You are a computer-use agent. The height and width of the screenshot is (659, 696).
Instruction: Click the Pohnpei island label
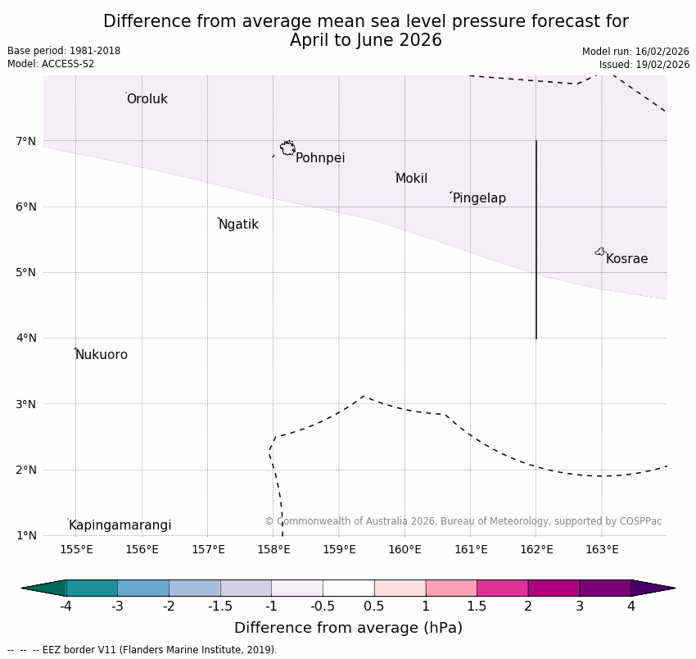click(320, 158)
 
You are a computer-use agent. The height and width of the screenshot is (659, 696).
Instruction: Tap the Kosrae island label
click(626, 259)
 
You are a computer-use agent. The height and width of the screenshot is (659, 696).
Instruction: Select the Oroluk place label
click(147, 99)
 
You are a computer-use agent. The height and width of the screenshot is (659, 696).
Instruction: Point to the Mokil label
click(411, 179)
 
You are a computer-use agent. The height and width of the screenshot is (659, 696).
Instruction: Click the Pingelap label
click(479, 198)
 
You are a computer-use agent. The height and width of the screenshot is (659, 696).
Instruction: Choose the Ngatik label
click(238, 225)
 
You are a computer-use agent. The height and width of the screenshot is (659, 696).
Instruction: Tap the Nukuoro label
click(102, 355)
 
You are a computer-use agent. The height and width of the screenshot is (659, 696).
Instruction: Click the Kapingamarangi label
click(120, 525)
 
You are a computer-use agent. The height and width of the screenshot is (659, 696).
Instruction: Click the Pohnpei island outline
click(287, 148)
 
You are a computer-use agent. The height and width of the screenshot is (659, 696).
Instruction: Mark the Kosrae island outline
click(600, 252)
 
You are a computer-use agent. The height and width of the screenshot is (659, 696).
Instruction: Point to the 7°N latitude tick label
click(26, 141)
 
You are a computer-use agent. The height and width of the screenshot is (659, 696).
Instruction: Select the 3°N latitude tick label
click(26, 404)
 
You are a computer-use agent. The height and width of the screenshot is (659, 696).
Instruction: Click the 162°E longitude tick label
click(536, 549)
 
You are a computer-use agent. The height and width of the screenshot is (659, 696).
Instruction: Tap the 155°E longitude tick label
click(76, 549)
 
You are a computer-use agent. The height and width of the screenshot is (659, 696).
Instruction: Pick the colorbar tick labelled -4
click(66, 607)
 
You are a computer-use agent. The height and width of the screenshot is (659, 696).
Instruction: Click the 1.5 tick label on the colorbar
click(477, 607)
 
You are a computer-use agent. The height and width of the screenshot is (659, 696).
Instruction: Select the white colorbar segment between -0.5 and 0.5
click(348, 588)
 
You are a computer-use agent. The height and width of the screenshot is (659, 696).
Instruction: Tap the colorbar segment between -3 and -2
click(143, 588)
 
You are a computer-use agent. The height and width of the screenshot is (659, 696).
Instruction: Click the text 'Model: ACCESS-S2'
click(51, 64)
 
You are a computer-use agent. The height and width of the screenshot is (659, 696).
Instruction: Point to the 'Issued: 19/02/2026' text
click(644, 65)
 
